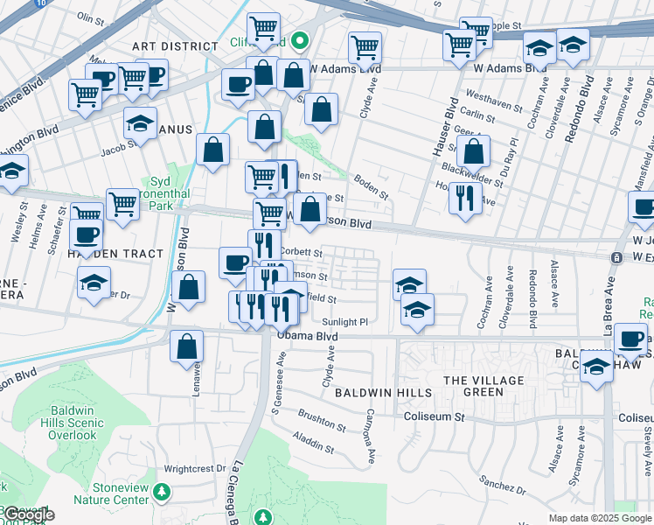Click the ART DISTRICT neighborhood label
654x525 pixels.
tap(174, 45)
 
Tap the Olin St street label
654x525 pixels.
tap(90, 17)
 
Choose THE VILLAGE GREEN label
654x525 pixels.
tap(485, 386)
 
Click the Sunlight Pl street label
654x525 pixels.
tap(348, 322)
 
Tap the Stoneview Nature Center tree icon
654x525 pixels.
tap(161, 493)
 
